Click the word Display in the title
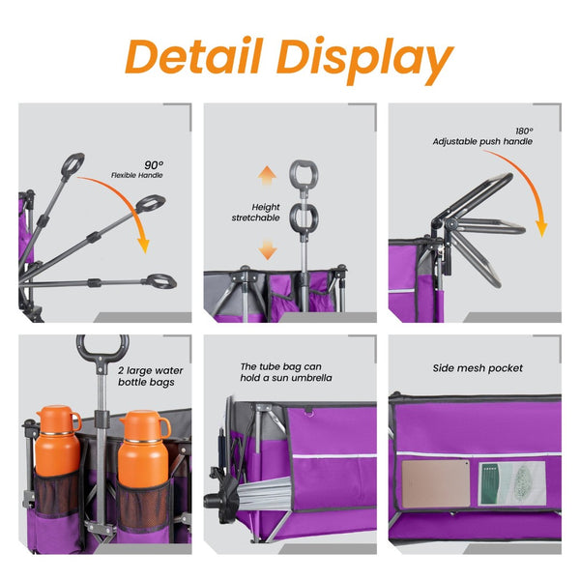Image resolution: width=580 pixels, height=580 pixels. [x=364, y=60]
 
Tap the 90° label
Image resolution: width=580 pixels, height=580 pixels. [x=154, y=165]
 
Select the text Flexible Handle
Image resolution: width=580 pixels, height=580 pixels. [x=137, y=175]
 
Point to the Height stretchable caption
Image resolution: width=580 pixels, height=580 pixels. [x=255, y=213]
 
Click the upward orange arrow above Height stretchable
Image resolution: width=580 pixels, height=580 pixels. [x=267, y=176]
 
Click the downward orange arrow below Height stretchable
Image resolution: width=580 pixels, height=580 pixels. [x=268, y=249]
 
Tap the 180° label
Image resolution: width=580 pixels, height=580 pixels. [x=524, y=130]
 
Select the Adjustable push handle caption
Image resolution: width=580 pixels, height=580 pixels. [x=482, y=142]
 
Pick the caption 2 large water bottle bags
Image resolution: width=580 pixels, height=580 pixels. [x=150, y=376]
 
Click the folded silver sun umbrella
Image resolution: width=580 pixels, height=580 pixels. [x=264, y=493]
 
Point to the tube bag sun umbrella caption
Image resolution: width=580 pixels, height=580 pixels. [x=286, y=372]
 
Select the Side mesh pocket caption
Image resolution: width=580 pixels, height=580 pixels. [x=478, y=368]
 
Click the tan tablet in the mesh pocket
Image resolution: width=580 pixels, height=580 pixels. [x=436, y=483]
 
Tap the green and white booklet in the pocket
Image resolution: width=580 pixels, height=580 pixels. [x=512, y=483]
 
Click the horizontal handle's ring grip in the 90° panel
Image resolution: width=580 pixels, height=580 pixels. [x=161, y=281]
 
